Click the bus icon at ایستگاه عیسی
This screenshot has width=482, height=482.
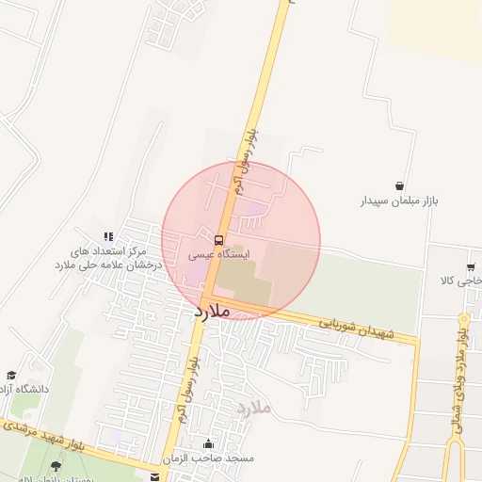pyautogui.click(x=218, y=240)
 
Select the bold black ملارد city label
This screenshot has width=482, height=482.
pyautogui.click(x=213, y=310)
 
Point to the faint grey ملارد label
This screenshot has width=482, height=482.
pyautogui.click(x=255, y=408)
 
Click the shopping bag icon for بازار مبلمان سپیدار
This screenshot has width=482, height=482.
pyautogui.click(x=401, y=185)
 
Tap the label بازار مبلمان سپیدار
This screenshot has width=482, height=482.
pyautogui.click(x=401, y=201)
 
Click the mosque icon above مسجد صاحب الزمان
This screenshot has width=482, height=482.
pyautogui.click(x=208, y=443)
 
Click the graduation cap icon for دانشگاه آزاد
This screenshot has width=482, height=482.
pyautogui.click(x=11, y=375)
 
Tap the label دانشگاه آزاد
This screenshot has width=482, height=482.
pyautogui.click(x=24, y=388)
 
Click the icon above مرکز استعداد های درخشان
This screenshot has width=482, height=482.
pyautogui.click(x=108, y=236)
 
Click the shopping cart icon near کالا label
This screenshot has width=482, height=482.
pyautogui.click(x=470, y=267)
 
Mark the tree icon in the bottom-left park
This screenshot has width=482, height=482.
pyautogui.click(x=56, y=465)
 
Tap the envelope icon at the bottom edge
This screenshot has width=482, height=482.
pyautogui.click(x=153, y=477)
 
